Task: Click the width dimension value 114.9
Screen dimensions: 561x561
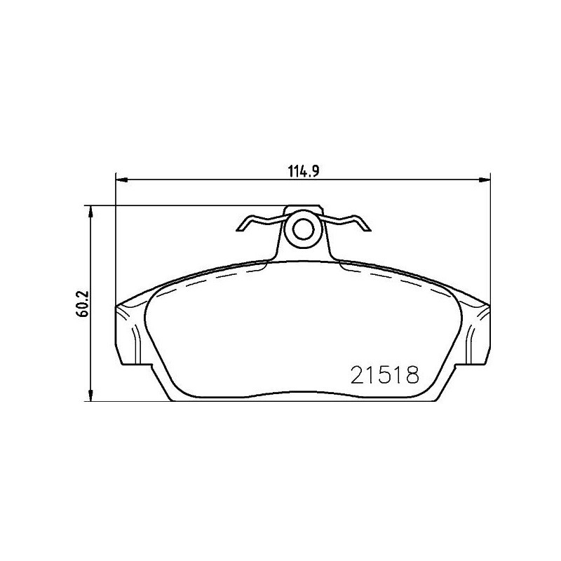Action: click(x=303, y=170)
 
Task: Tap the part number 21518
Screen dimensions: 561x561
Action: click(x=383, y=376)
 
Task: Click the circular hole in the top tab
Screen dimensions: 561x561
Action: click(x=304, y=229)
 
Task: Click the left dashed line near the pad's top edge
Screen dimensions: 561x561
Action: click(x=210, y=280)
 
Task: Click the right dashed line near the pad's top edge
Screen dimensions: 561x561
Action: click(x=396, y=280)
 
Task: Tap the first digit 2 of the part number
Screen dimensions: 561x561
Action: click(x=356, y=376)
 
